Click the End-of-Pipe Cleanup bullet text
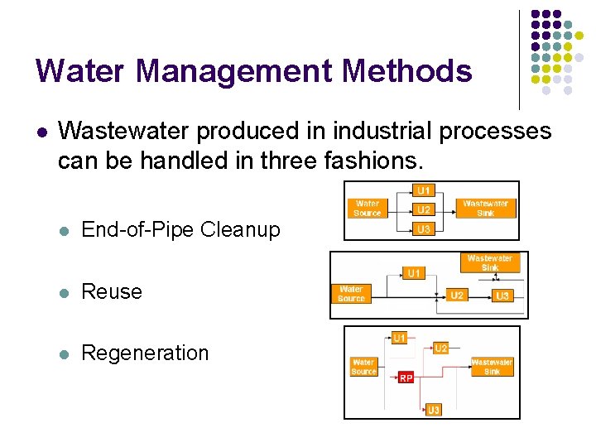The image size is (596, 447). point(180,229)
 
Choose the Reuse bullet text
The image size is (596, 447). point(112,291)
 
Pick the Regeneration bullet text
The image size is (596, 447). point(145,353)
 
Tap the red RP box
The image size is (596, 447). point(406,377)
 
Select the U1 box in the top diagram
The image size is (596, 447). point(423,190)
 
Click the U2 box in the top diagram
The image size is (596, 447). point(423,209)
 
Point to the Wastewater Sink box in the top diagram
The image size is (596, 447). point(486,208)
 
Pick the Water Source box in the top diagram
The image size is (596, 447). point(368,208)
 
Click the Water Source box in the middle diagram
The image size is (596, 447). point(351,293)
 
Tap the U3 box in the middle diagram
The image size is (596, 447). point(502,295)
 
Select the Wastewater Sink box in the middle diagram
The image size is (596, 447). point(489,263)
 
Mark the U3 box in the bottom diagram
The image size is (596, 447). point(434,409)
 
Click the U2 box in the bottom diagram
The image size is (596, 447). point(440,348)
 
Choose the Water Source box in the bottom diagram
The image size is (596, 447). point(363,367)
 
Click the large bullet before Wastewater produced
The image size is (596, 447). point(41,132)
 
